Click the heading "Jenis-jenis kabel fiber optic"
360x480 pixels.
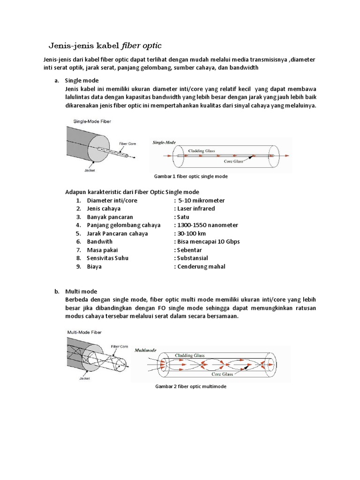coord(105,45)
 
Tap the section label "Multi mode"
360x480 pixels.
coord(81,291)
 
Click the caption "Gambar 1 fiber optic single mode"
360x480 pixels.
coord(191,177)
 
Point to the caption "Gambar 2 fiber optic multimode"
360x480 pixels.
coord(190,387)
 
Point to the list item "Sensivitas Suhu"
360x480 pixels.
coord(107,258)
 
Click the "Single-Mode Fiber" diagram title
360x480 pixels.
coord(92,121)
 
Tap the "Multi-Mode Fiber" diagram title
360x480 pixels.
coord(84,332)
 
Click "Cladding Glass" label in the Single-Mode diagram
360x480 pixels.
coord(202,151)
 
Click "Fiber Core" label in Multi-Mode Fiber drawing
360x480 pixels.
coord(120,346)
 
